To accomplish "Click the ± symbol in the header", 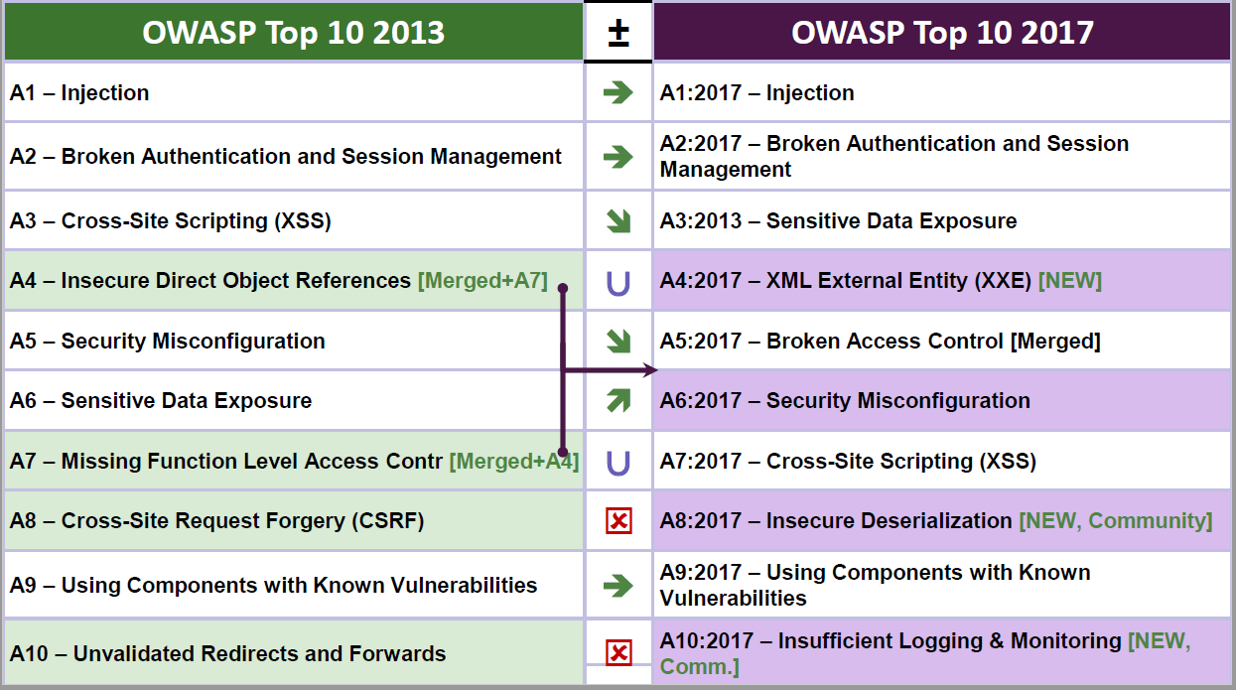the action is tap(618, 33).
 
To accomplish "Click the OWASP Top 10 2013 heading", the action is tap(294, 33).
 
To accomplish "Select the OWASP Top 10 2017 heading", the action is tap(942, 33).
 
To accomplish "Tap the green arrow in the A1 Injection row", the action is tap(618, 92).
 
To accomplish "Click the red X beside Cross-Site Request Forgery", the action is tap(618, 520).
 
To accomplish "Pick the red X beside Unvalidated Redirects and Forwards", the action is tap(618, 653).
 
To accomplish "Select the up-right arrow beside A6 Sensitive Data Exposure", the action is tap(618, 400).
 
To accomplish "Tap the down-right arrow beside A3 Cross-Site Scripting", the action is tap(618, 221).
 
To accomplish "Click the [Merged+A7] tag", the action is tap(482, 280).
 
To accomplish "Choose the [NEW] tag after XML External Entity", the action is tap(1070, 280).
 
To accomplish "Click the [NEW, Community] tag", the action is tap(1115, 520).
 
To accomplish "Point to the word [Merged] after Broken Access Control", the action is tap(1055, 342).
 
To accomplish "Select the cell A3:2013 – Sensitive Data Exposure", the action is tap(941, 220).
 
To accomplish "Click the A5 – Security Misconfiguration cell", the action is tap(294, 342).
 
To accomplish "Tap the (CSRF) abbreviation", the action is tap(388, 520).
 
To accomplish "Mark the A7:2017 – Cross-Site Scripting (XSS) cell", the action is tap(941, 461).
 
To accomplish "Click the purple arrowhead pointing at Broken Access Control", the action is tap(650, 370).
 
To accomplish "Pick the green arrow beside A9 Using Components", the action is tap(618, 585).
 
